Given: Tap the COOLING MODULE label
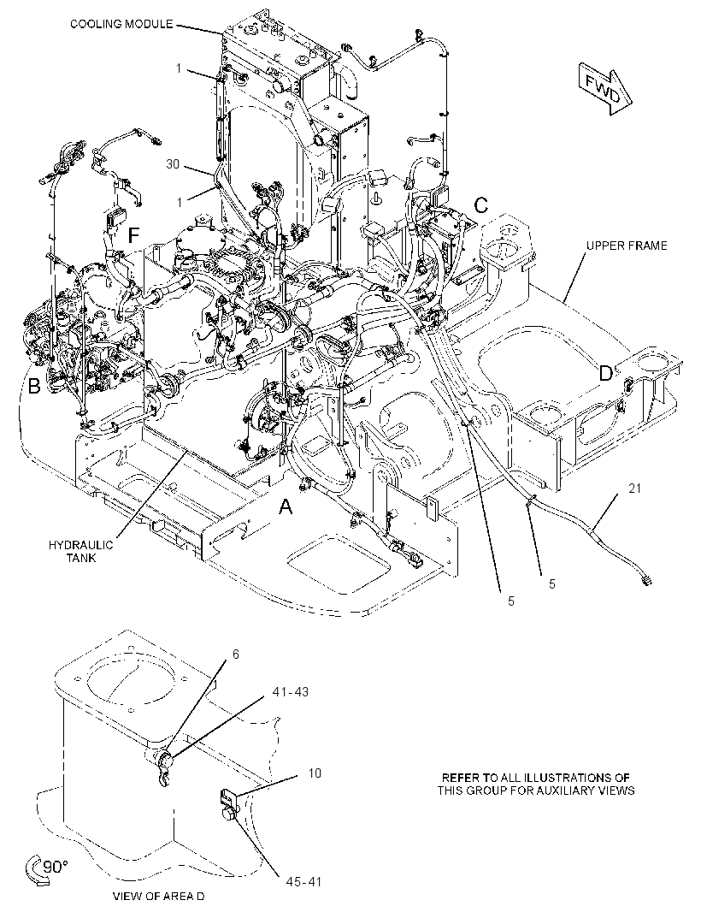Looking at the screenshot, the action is pyautogui.click(x=121, y=24).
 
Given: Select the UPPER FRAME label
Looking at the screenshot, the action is pyautogui.click(x=627, y=246).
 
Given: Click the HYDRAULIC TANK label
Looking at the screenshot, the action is pyautogui.click(x=81, y=551).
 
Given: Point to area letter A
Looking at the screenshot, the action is pyautogui.click(x=286, y=508).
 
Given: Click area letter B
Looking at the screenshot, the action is pyautogui.click(x=34, y=386).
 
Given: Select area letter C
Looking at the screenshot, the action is pyautogui.click(x=481, y=205).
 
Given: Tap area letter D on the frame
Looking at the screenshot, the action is pyautogui.click(x=605, y=373).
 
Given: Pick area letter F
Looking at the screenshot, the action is pyautogui.click(x=133, y=235).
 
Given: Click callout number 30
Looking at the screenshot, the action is pyautogui.click(x=173, y=164).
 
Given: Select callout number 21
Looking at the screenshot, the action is pyautogui.click(x=634, y=488).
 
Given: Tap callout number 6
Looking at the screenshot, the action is pyautogui.click(x=235, y=654).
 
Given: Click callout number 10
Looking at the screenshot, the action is pyautogui.click(x=315, y=773).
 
